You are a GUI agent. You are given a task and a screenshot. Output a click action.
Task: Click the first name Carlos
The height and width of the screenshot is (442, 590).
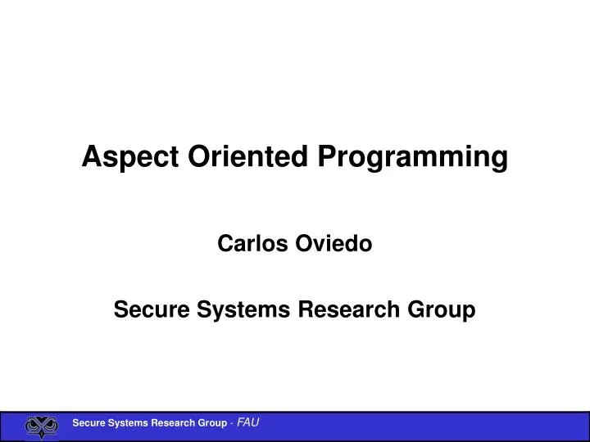tap(249, 243)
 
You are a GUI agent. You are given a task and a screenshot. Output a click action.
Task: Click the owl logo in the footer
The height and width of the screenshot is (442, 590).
tap(42, 426)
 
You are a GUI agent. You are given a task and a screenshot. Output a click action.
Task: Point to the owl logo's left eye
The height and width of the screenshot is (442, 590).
tap(34, 424)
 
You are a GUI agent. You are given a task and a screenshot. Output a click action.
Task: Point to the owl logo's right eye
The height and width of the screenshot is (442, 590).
tap(50, 424)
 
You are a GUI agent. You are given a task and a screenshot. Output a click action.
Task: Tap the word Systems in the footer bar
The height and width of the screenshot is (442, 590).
tap(126, 423)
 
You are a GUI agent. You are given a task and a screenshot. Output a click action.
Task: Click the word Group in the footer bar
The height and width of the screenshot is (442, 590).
tap(211, 423)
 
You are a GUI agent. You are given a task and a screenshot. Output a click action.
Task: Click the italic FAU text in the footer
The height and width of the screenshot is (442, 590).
tap(248, 423)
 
